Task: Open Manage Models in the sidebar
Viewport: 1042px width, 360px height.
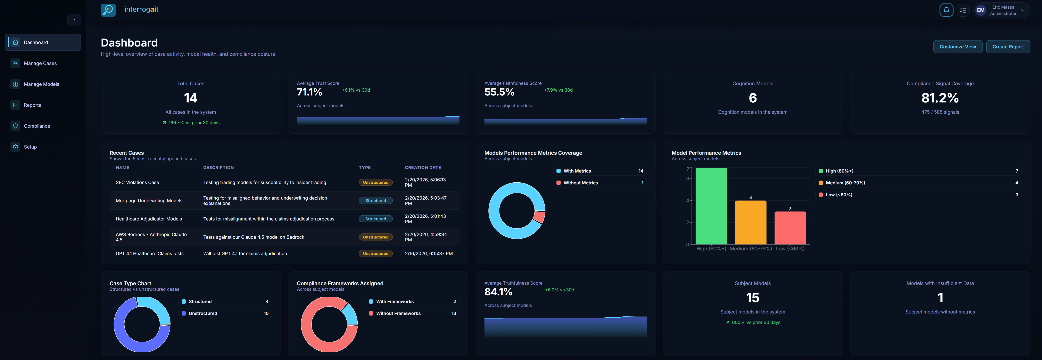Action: pyautogui.click(x=41, y=84)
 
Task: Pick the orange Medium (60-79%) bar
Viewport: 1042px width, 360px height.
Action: pyautogui.click(x=750, y=223)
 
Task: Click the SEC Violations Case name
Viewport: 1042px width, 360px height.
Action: pyautogui.click(x=137, y=182)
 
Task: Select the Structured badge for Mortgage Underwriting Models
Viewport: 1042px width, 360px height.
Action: pyautogui.click(x=375, y=201)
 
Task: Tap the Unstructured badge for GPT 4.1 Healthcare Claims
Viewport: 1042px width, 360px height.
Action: pyautogui.click(x=375, y=254)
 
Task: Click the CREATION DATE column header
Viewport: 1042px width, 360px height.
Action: pyautogui.click(x=423, y=167)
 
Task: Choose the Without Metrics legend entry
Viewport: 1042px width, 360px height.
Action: pyautogui.click(x=580, y=183)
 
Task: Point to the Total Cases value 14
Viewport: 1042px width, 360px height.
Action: pyautogui.click(x=191, y=98)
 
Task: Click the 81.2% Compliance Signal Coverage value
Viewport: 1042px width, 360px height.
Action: pyautogui.click(x=940, y=98)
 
